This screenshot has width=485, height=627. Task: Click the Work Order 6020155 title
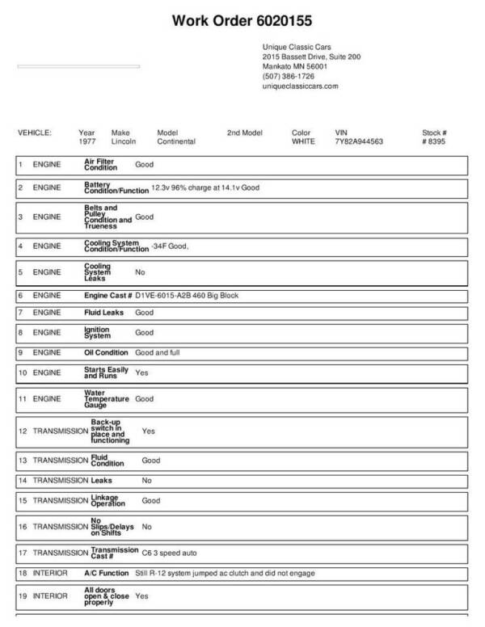242,19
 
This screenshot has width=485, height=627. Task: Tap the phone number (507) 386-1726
289,76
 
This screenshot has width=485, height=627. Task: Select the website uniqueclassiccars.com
300,86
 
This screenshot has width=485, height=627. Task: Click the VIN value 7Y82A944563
358,141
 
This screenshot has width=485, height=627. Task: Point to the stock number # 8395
433,141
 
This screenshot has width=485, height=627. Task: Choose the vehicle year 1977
87,141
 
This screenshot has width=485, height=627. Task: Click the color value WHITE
303,141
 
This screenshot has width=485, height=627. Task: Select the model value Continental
176,141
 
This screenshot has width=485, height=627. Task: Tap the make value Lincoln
124,141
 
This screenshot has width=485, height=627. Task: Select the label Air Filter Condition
101,165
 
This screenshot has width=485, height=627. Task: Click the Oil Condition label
106,352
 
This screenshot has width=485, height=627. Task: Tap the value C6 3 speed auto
169,553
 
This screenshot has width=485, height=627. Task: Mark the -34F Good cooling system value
169,246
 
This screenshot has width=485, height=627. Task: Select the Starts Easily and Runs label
106,372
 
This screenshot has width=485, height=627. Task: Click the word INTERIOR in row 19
50,596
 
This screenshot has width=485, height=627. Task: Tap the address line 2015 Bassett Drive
311,57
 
